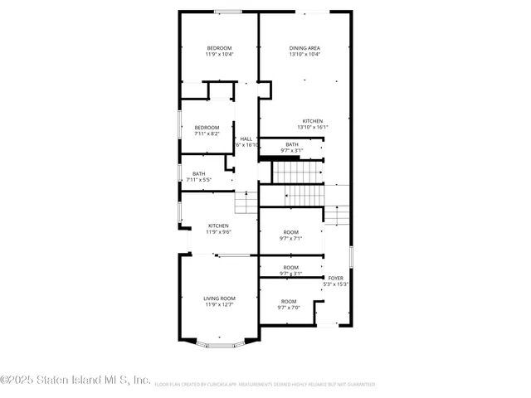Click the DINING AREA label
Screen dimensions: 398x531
304,48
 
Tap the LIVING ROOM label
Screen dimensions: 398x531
220,298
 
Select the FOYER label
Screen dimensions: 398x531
335,278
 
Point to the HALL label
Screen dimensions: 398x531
246,138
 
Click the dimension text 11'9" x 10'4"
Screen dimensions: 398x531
220,55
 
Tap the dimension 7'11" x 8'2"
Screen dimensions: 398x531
207,133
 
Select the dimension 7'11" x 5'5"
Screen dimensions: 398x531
199,180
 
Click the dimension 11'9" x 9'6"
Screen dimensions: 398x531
219,231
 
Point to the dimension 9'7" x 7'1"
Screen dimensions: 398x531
290,238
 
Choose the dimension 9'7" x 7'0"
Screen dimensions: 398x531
289,308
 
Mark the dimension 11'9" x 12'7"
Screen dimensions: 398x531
220,304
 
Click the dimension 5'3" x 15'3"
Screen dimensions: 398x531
335,284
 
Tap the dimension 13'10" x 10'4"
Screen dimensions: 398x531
304,55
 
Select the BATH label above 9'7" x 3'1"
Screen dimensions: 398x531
292,144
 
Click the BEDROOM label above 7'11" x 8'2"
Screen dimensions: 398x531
207,127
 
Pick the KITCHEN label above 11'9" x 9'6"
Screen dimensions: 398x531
219,226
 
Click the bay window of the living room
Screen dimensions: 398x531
220,342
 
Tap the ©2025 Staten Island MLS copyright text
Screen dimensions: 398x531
75,381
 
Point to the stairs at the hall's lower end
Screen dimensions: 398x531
246,202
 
